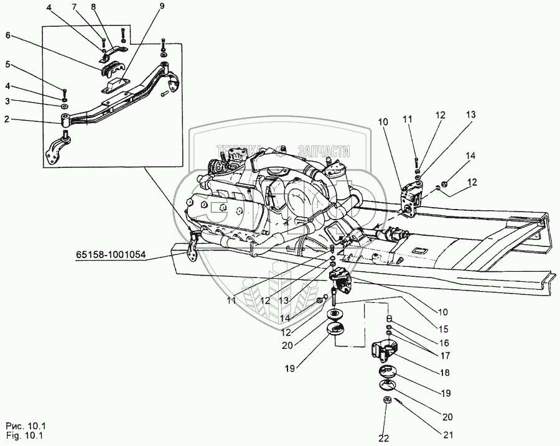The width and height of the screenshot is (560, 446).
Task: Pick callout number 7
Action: click(74, 7)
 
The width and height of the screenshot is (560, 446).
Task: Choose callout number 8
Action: click(93, 7)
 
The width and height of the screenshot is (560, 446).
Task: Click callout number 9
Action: click(144, 6)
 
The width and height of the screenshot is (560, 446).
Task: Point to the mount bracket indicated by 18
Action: click(384, 355)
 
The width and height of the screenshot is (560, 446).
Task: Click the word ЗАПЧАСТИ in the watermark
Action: click(324, 151)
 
